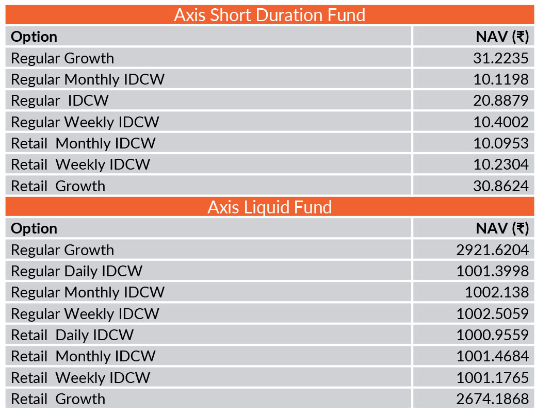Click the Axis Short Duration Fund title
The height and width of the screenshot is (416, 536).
(x=269, y=15)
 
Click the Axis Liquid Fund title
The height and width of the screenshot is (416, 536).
(x=269, y=207)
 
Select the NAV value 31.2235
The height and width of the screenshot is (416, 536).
(x=501, y=58)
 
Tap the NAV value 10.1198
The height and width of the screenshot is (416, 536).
(x=501, y=79)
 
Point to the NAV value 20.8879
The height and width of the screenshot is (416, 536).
(x=501, y=101)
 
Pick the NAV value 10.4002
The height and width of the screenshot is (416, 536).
(x=501, y=122)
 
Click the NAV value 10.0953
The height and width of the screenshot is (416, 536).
(x=501, y=143)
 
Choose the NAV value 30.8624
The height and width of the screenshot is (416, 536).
(x=501, y=186)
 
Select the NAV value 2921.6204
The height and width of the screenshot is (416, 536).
(x=493, y=250)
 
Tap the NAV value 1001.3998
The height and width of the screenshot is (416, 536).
(x=493, y=271)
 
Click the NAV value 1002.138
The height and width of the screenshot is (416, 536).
(x=497, y=292)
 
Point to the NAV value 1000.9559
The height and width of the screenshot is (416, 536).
(x=493, y=335)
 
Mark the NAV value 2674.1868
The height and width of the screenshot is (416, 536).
(x=493, y=399)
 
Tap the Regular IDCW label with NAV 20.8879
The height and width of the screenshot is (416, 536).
(x=60, y=101)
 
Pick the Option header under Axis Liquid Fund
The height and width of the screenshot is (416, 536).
(x=34, y=229)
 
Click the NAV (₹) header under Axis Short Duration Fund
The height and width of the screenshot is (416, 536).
(x=502, y=37)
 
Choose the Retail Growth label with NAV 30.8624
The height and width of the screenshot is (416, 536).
(x=58, y=186)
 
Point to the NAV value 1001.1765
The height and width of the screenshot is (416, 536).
(x=493, y=378)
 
